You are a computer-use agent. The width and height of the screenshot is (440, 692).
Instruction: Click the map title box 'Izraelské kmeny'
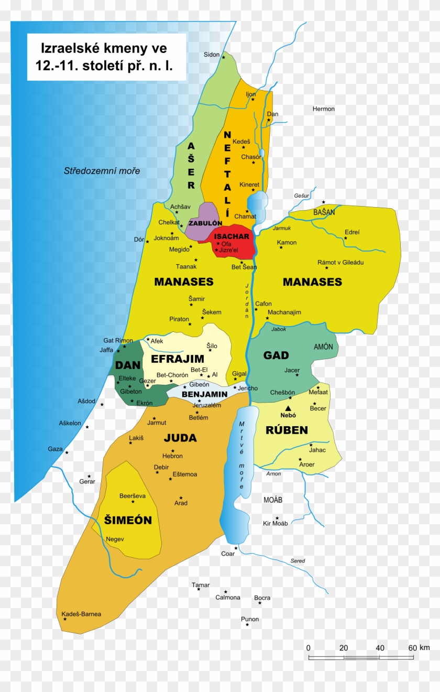pos(106,57)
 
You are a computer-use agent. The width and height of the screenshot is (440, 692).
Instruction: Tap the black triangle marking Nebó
pos(288,407)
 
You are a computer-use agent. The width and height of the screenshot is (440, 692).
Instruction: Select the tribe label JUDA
pos(180,438)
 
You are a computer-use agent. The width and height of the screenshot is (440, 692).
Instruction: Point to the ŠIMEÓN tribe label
pos(128,520)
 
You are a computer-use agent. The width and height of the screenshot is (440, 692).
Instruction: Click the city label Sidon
pos(212,55)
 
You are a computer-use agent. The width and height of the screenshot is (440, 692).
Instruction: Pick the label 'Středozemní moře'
pos(102,171)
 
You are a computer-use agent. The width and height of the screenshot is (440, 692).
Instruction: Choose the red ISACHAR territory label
pos(232,236)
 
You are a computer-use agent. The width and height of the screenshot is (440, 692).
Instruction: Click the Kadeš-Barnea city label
pos(81,614)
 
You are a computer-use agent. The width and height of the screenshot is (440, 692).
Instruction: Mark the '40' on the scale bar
pos(380,648)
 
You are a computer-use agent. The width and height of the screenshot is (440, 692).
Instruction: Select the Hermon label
pos(323,109)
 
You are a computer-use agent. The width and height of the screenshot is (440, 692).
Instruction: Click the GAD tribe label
pos(276,355)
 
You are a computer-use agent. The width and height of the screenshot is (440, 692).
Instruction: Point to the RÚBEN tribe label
pos(287,430)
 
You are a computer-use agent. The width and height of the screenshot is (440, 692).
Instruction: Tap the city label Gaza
pos(55,449)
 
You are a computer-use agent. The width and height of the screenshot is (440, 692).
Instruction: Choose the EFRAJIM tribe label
pos(177,359)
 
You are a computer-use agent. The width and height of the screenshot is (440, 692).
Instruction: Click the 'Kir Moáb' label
pos(275,523)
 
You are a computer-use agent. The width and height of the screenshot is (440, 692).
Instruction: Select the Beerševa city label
pos(133,496)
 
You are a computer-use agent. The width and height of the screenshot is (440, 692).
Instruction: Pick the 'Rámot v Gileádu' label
pos(340,263)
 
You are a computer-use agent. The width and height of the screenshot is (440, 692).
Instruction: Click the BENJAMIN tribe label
pos(204,394)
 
